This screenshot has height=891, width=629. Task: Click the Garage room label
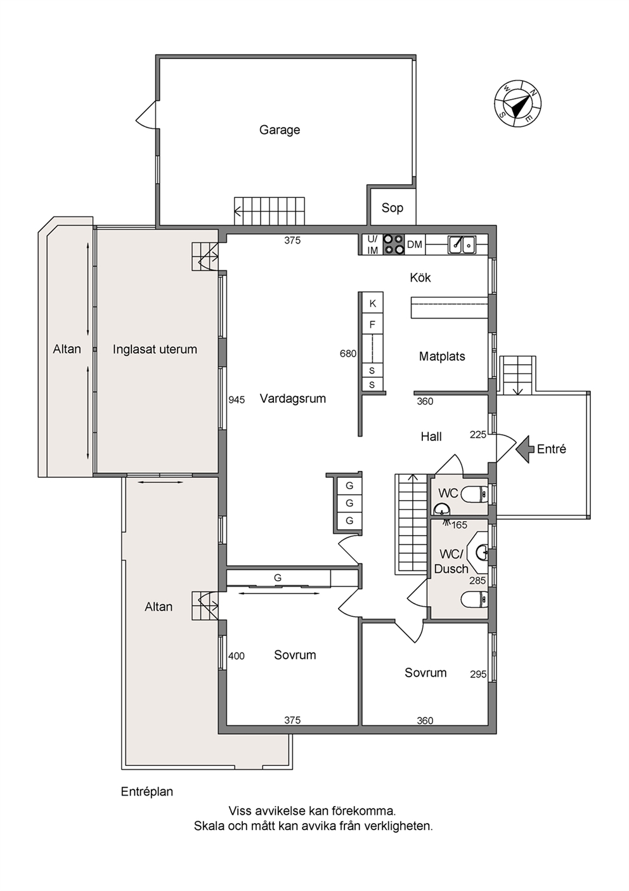click(280, 130)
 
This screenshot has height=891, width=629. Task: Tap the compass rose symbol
click(518, 103)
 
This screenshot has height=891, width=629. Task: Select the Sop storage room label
click(392, 208)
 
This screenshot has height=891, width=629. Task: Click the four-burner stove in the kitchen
click(393, 244)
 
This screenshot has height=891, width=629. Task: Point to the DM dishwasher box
click(415, 244)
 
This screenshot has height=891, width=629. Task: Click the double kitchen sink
click(462, 244)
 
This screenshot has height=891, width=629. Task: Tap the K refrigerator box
click(372, 304)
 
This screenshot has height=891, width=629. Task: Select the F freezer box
click(372, 324)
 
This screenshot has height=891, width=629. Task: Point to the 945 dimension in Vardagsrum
click(237, 400)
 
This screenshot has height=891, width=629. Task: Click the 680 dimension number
click(348, 353)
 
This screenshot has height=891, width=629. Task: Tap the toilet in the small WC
click(476, 494)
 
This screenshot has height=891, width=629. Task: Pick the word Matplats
click(442, 357)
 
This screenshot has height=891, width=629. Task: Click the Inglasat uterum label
click(155, 349)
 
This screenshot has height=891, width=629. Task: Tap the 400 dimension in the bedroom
click(237, 656)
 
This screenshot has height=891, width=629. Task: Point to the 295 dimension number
click(478, 674)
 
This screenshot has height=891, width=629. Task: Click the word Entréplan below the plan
click(147, 791)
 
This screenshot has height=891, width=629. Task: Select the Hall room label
click(431, 437)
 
